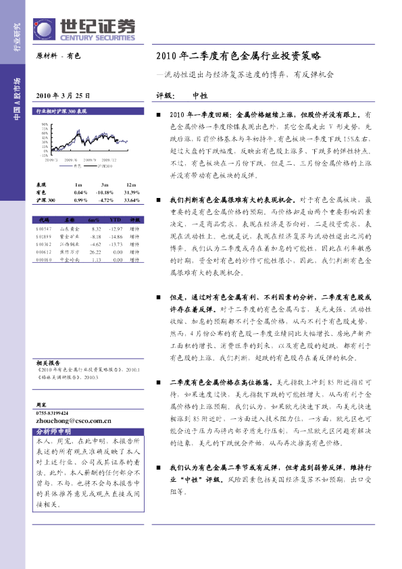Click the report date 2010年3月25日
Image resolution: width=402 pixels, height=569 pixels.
point(61,96)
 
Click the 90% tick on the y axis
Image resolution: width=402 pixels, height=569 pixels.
point(45,125)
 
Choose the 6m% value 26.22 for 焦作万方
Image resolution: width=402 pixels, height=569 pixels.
point(95,251)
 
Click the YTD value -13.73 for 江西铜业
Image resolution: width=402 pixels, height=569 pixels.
point(116,245)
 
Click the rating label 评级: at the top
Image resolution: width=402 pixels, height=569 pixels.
point(165,95)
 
